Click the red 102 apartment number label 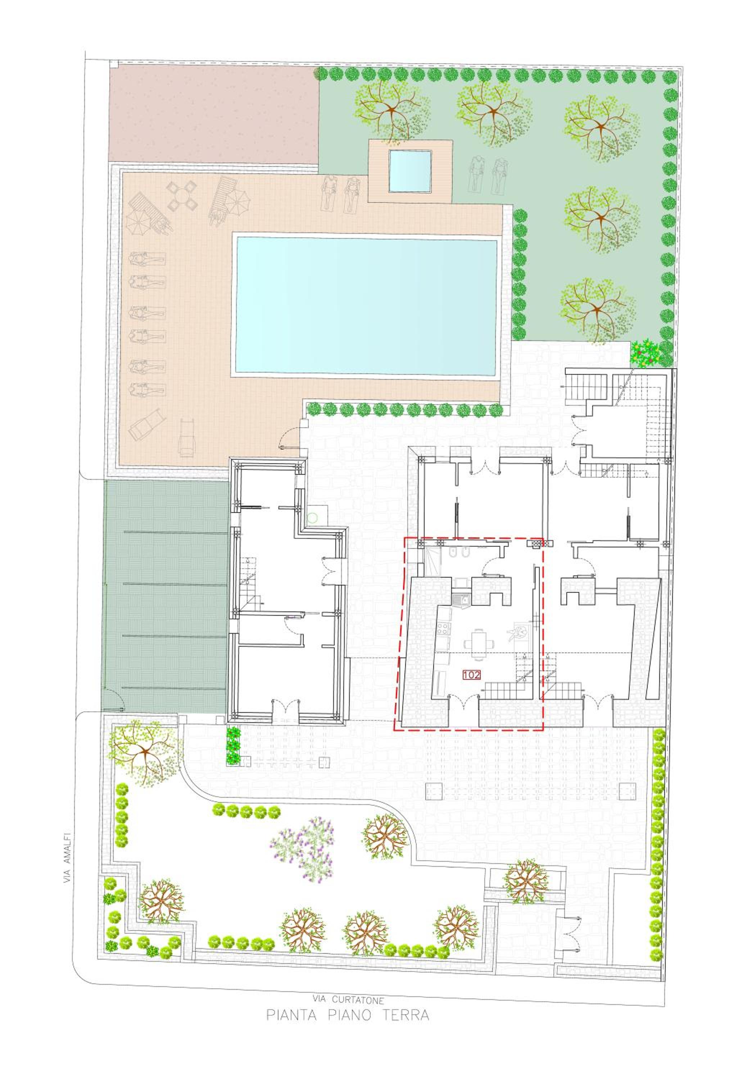point(471,675)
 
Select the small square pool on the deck point(410,171)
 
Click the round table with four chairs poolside point(181,198)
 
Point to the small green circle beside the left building point(313,518)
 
